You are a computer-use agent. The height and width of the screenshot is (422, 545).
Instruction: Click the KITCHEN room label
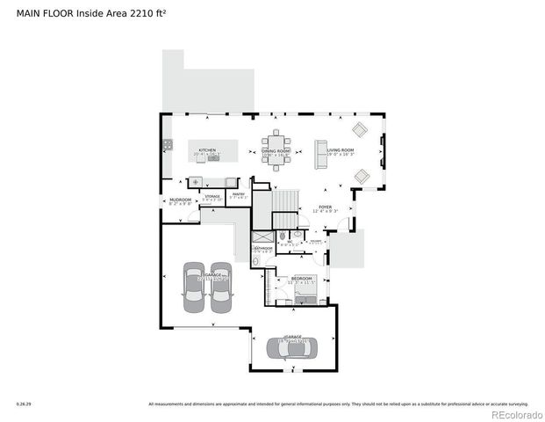[x=207, y=150]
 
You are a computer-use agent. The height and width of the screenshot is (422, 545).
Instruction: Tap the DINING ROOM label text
[x=276, y=151]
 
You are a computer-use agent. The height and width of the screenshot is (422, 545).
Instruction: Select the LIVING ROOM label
[x=341, y=150]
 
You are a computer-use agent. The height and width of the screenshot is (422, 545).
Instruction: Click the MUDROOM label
[x=180, y=200]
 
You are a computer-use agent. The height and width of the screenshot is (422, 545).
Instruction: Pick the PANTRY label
[x=238, y=194]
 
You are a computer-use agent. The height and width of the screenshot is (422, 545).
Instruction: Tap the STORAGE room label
[x=212, y=197]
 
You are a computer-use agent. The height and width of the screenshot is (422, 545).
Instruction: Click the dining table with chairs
[x=276, y=145]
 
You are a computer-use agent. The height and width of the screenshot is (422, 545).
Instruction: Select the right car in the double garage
[x=220, y=287]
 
